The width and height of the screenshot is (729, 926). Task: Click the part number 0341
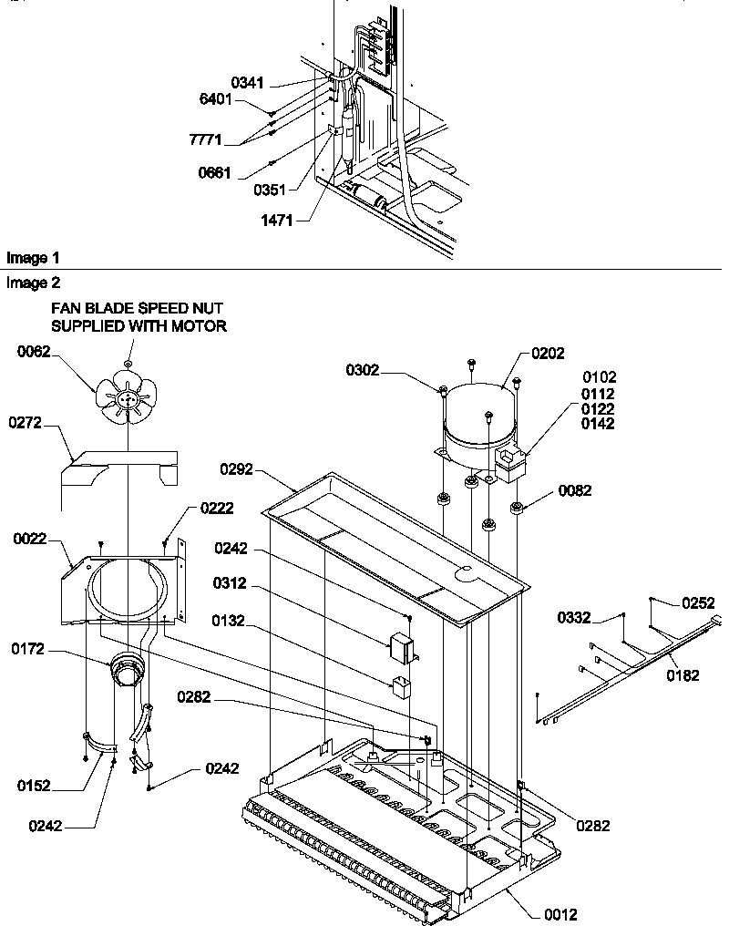(247, 83)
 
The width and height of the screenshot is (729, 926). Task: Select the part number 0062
(33, 352)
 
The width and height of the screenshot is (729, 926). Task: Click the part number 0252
(697, 602)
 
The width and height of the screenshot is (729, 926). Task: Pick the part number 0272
(27, 423)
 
